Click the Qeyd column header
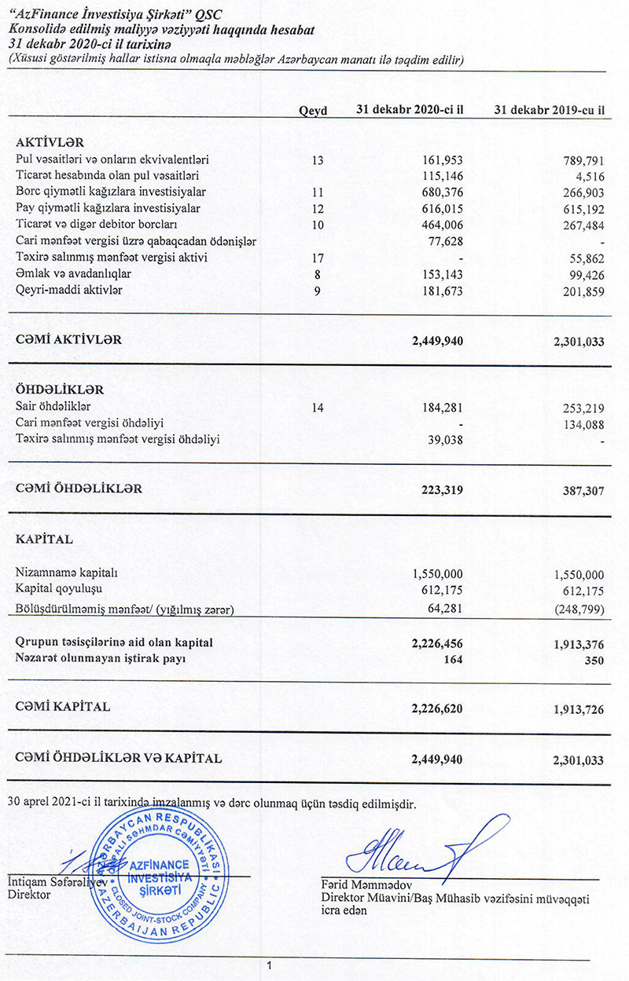[313, 111]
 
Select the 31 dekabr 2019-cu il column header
[549, 111]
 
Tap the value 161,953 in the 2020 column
[440, 161]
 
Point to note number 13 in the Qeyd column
[318, 161]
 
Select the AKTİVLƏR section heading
[50, 142]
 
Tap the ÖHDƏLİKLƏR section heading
[60, 390]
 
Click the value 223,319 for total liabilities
[440, 489]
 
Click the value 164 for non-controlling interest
[453, 660]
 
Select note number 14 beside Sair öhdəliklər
[318, 407]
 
